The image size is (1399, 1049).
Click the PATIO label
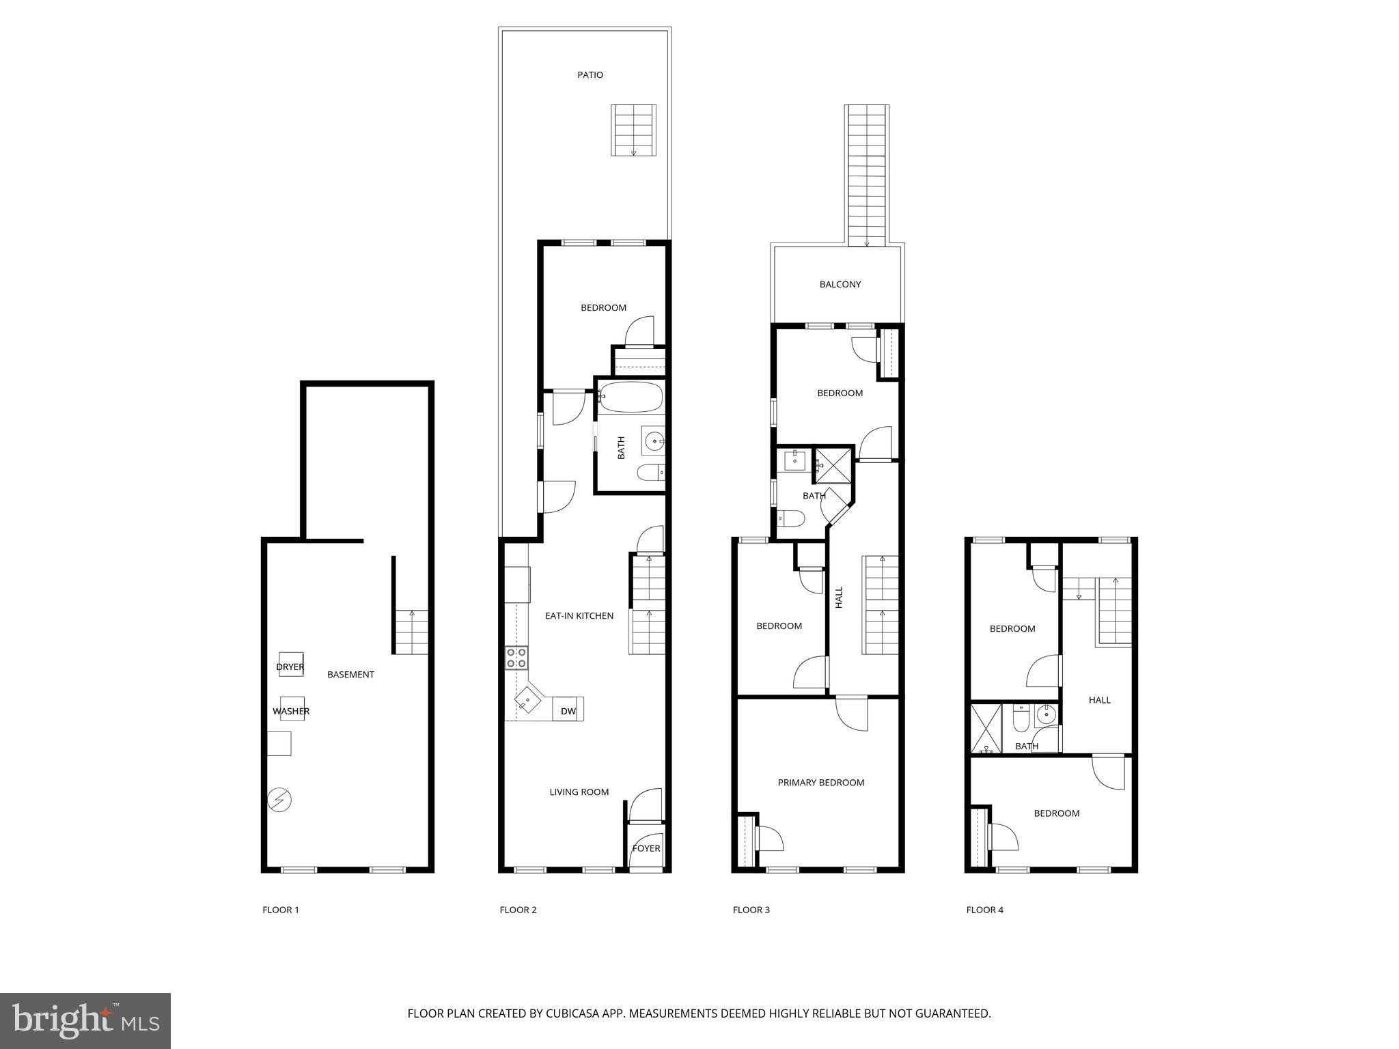[590, 75]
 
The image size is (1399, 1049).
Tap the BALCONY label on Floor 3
[840, 284]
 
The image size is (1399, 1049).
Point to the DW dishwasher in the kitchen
[568, 710]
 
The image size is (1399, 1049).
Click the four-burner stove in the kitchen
[516, 658]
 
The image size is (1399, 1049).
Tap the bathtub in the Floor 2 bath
[631, 397]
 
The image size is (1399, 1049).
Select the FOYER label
[646, 848]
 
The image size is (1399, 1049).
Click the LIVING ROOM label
[579, 792]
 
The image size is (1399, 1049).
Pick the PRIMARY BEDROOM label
[820, 783]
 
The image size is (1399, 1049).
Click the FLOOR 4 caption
[984, 910]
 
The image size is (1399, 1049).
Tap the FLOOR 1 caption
[281, 910]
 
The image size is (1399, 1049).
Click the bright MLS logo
[85, 1020]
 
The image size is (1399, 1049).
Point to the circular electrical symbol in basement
[279, 800]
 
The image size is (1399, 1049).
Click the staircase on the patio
[633, 130]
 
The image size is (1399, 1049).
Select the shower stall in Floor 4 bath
[986, 728]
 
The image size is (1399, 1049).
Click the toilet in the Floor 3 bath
[791, 519]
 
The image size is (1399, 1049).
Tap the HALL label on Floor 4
[1099, 700]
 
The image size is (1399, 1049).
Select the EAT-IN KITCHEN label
[579, 616]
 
